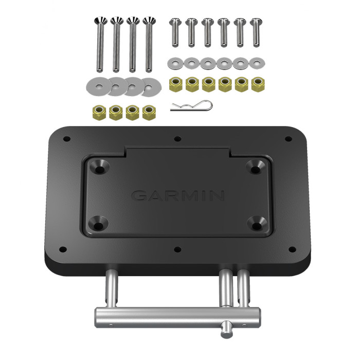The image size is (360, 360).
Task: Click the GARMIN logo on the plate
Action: pyautogui.click(x=178, y=196)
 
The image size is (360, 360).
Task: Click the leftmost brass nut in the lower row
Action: pyautogui.click(x=99, y=113)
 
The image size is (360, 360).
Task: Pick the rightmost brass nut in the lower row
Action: pyautogui.click(x=150, y=113)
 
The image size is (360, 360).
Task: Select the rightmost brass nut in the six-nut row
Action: pyautogui.click(x=257, y=84)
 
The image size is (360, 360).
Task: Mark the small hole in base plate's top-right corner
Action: pyautogui.click(x=288, y=139)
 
